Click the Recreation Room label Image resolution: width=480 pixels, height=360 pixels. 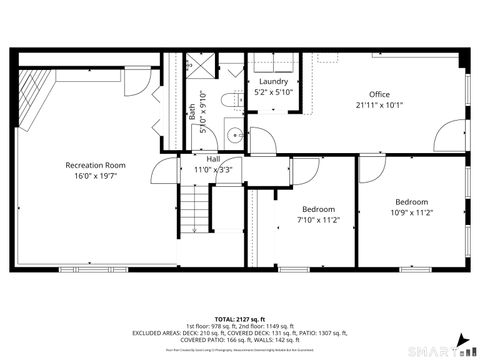(95, 165)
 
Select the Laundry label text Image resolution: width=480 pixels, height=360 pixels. (273, 81)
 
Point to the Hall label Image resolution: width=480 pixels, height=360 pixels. (213, 159)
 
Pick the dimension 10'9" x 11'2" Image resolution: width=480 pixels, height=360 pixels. (410, 212)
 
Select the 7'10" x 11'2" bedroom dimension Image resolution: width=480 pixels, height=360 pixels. (319, 219)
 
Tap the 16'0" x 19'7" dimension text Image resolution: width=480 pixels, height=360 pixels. (95, 177)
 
